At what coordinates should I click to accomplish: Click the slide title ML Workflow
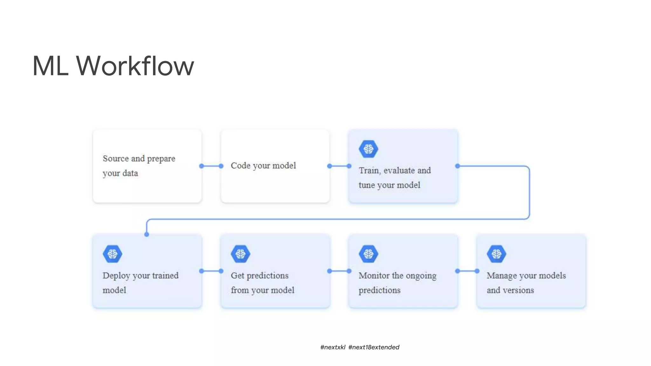(113, 66)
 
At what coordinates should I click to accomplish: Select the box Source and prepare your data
(147, 166)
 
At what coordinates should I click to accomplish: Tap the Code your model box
(275, 166)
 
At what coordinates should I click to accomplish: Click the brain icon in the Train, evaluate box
(368, 149)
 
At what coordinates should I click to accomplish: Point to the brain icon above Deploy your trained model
(113, 254)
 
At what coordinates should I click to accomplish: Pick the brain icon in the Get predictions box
(241, 254)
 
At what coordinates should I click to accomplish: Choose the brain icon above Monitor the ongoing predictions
(368, 254)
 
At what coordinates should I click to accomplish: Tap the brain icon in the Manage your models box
(497, 254)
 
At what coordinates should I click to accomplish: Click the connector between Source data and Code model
(211, 166)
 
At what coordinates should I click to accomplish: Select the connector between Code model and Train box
(339, 166)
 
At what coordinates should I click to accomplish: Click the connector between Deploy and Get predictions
(211, 271)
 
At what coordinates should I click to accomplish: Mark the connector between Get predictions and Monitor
(339, 271)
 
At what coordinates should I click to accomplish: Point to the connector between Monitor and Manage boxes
(467, 271)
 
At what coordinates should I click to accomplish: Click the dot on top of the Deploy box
(147, 234)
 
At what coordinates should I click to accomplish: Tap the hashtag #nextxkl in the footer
(333, 347)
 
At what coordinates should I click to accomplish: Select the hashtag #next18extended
(374, 347)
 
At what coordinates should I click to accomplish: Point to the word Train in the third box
(369, 171)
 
